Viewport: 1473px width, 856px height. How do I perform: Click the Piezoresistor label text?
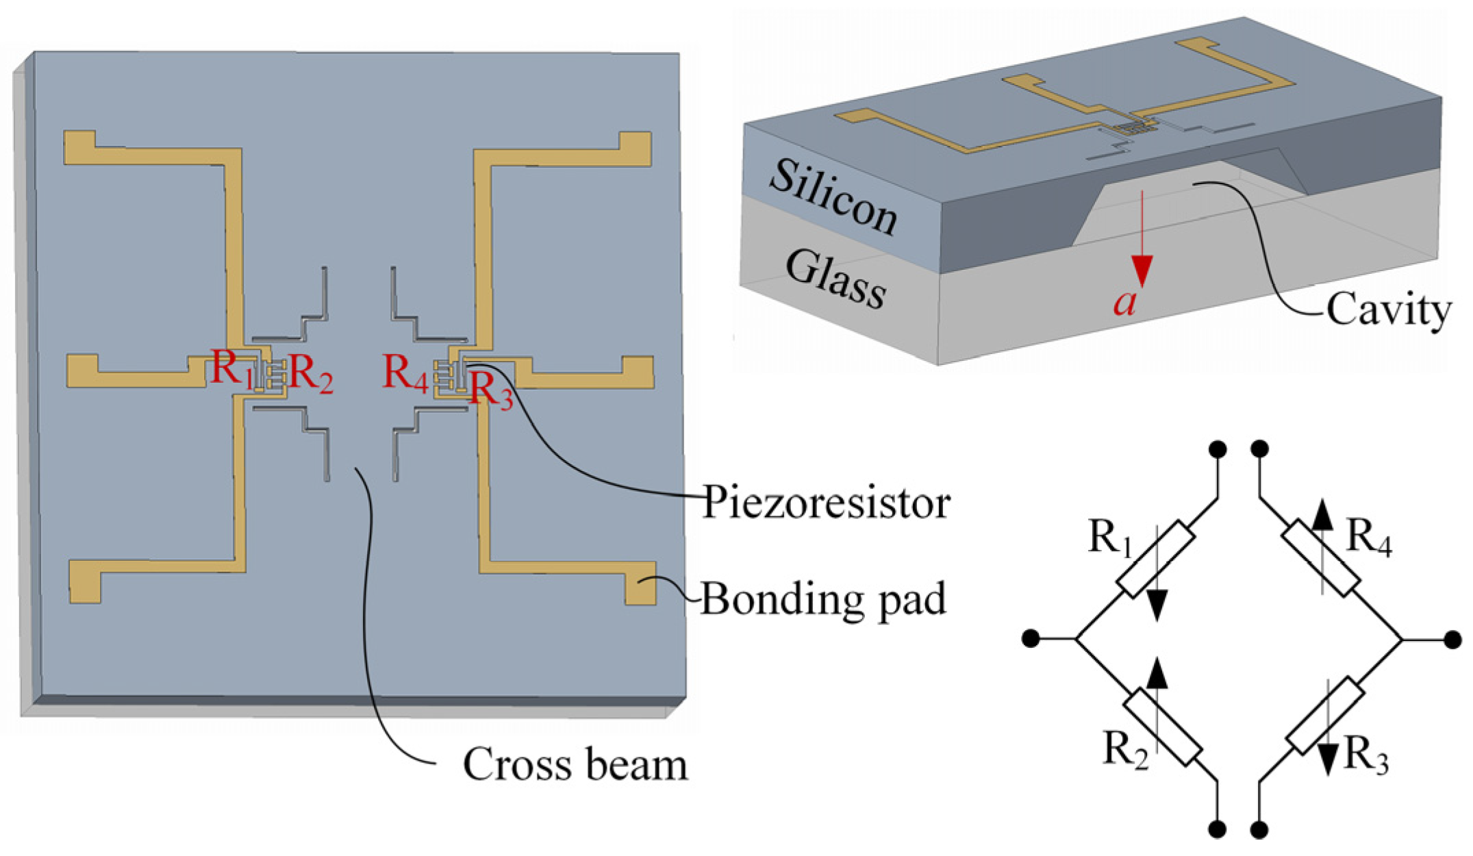[x=825, y=503]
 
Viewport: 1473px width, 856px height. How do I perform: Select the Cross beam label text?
[x=575, y=764]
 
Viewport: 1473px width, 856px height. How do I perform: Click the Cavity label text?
[x=1388, y=311]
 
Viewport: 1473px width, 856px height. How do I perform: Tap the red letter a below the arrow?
[x=1124, y=301]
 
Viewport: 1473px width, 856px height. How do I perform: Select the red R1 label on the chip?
[x=230, y=368]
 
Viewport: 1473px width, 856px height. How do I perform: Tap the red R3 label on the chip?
[x=490, y=390]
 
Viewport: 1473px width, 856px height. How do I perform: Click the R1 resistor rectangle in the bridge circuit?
[x=1156, y=559]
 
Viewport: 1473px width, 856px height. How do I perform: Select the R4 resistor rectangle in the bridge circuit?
[x=1320, y=559]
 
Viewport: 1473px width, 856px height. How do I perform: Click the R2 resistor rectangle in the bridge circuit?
[x=1163, y=727]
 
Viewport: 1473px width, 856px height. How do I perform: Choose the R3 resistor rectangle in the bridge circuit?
[x=1325, y=716]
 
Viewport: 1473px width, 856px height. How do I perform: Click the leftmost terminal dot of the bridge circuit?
[x=1030, y=639]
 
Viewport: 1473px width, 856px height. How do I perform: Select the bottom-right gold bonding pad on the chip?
[x=641, y=583]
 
